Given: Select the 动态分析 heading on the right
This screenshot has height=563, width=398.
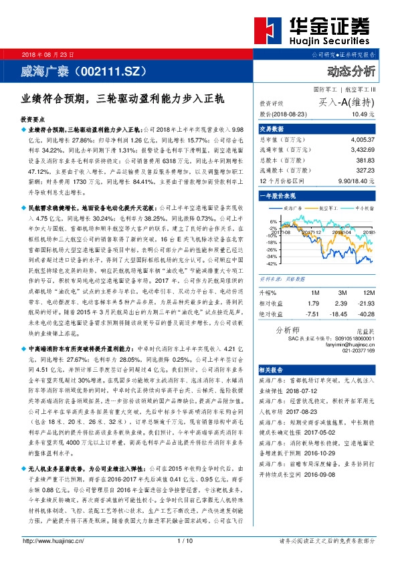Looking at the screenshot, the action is (351, 71).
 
